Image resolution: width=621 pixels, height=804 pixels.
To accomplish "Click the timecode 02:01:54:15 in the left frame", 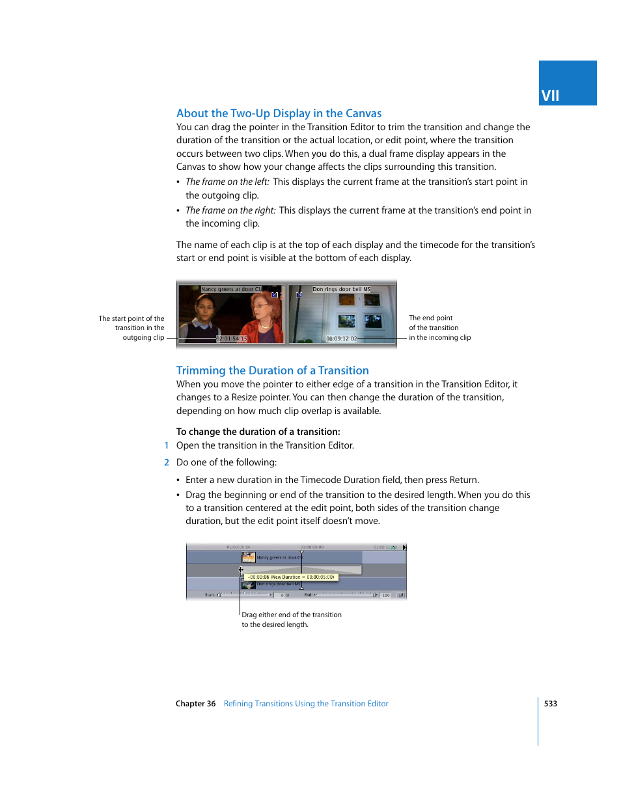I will [232, 339].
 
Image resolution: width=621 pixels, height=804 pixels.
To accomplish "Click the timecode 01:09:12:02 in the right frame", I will [342, 339].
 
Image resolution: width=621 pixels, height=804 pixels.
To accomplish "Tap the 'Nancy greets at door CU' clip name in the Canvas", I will [231, 289].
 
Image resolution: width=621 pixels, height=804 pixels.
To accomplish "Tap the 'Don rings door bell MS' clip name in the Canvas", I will [341, 289].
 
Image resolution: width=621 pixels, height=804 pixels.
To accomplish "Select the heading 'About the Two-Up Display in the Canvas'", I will [279, 113].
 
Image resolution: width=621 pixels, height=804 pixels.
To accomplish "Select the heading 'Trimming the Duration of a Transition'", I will [272, 370].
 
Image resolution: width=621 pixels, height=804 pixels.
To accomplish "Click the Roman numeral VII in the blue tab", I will [550, 96].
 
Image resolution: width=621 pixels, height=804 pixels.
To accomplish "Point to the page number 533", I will [551, 704].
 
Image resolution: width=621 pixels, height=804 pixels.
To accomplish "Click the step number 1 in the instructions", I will [167, 445].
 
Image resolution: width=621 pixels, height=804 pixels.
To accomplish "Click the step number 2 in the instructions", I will [167, 462].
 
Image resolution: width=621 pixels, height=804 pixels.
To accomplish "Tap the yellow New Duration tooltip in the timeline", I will [290, 577].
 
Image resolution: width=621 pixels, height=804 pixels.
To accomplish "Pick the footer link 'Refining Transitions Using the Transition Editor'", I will [306, 704].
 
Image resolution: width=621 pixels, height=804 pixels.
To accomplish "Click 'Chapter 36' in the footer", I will [195, 704].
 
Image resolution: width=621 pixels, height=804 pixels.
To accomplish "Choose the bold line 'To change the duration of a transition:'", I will [258, 432].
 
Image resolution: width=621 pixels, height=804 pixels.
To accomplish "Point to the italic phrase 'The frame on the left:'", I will [227, 182].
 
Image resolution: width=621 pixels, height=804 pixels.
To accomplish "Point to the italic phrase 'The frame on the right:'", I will [230, 210].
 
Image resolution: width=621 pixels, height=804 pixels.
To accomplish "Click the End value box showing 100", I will [386, 595].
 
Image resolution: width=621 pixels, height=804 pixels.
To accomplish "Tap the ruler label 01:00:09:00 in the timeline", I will [312, 548].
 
